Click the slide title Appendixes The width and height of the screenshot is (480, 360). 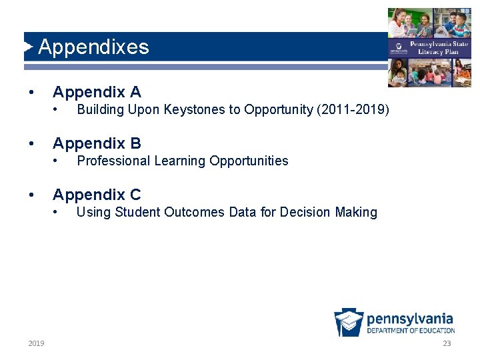pos(93,47)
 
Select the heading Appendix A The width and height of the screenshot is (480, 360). pos(97,92)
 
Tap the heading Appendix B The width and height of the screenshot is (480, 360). pos(97,143)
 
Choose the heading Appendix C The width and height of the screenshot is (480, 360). pos(97,195)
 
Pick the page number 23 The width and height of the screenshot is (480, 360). pos(447,343)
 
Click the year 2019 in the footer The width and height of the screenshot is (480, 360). pos(37,343)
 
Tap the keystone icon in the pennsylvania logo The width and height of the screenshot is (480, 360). pos(349,323)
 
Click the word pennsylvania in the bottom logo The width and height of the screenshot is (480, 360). pos(410,319)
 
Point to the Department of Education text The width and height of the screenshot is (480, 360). pos(411,331)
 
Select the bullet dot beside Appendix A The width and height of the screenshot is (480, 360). pos(32,92)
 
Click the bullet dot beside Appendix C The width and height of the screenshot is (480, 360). pos(32,195)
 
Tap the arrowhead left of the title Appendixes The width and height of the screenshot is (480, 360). pos(28,47)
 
